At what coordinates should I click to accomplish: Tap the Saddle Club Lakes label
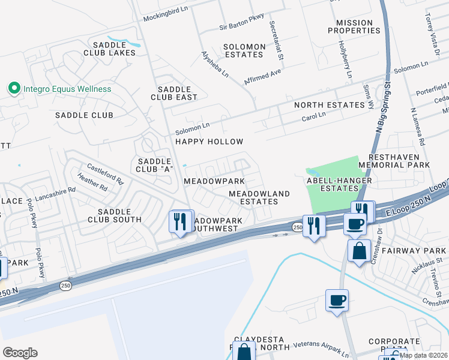pyautogui.click(x=113, y=48)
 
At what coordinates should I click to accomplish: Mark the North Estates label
pyautogui.click(x=329, y=105)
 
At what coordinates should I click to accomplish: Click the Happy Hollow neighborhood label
pyautogui.click(x=209, y=142)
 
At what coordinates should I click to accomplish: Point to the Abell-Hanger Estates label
pyautogui.click(x=339, y=184)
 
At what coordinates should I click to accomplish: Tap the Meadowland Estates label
pyautogui.click(x=259, y=197)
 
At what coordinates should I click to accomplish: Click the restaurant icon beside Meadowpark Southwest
pyautogui.click(x=181, y=223)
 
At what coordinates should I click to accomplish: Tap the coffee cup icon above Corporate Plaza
pyautogui.click(x=337, y=299)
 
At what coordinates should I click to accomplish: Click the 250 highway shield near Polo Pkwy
pyautogui.click(x=65, y=286)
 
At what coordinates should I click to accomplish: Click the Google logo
pyautogui.click(x=20, y=352)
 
